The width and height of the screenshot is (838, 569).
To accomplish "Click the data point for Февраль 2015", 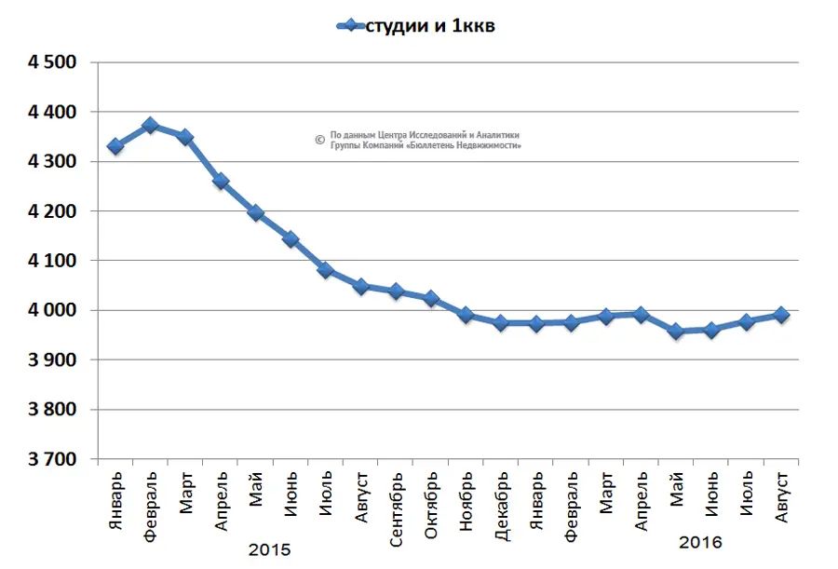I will tap(150, 125).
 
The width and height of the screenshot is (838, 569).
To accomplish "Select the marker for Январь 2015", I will tap(115, 146).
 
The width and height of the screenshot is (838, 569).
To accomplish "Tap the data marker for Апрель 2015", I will tap(221, 182).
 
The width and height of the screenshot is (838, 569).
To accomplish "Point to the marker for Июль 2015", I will tap(326, 270).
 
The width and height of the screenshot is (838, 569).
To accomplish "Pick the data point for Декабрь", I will tap(501, 323).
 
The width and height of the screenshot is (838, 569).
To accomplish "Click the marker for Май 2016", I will tap(676, 332).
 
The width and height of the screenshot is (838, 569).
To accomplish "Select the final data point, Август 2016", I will tap(781, 315).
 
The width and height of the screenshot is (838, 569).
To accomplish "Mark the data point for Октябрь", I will tap(431, 299).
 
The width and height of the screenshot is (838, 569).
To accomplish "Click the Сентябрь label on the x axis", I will tap(396, 501).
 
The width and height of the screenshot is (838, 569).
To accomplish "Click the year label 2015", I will tap(270, 550).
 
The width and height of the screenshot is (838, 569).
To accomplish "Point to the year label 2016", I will tap(700, 542).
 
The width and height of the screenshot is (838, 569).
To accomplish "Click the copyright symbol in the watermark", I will tap(319, 140).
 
